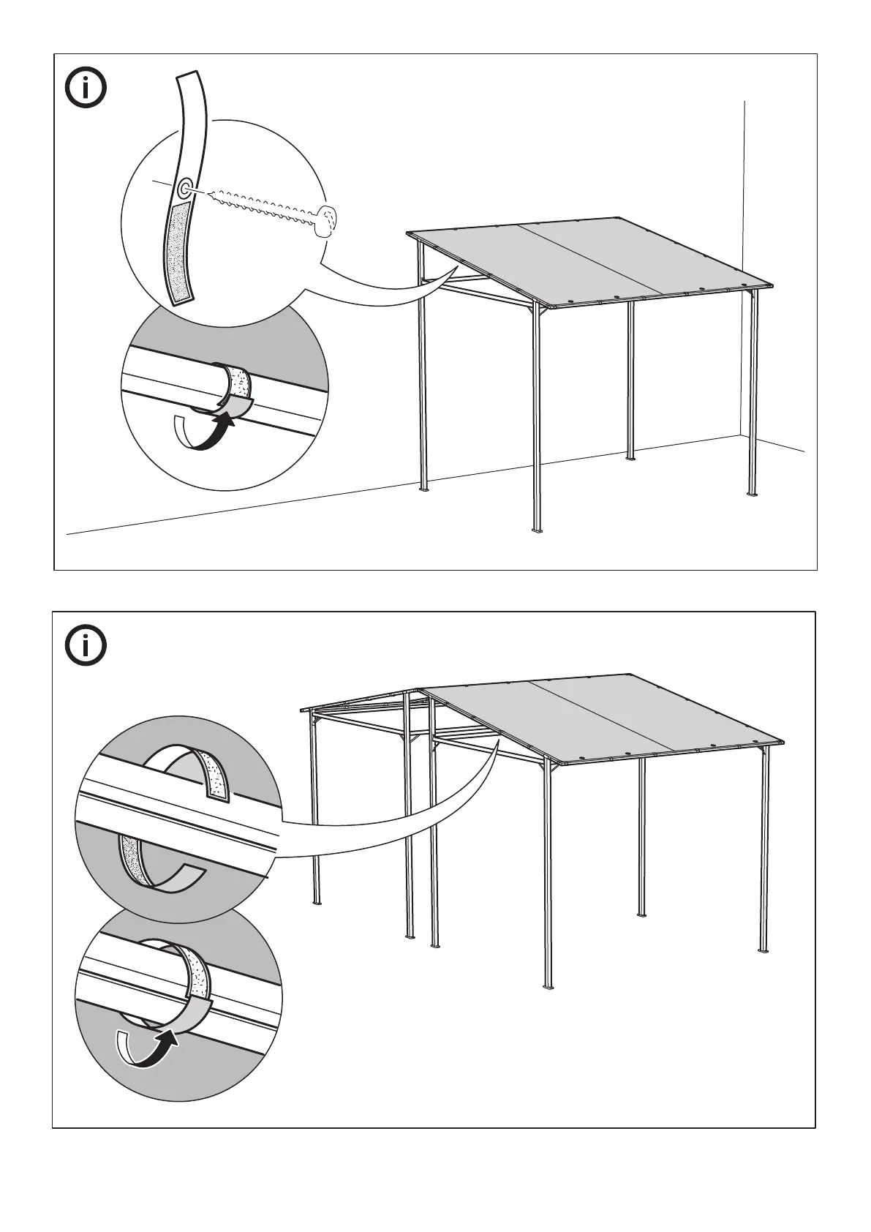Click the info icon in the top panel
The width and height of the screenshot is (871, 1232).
coord(86,89)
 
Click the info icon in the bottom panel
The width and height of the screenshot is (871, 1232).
coord(86,645)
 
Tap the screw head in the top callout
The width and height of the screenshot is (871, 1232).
coord(326,219)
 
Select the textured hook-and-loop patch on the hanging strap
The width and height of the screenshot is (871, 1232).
coord(178,252)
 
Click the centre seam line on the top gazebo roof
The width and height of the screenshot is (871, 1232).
coord(592,260)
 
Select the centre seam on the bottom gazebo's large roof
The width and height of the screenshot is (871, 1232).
coord(600,715)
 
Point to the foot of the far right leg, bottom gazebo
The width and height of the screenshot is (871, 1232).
coord(765,950)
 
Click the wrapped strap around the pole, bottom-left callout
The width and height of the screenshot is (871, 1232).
coord(195,973)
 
